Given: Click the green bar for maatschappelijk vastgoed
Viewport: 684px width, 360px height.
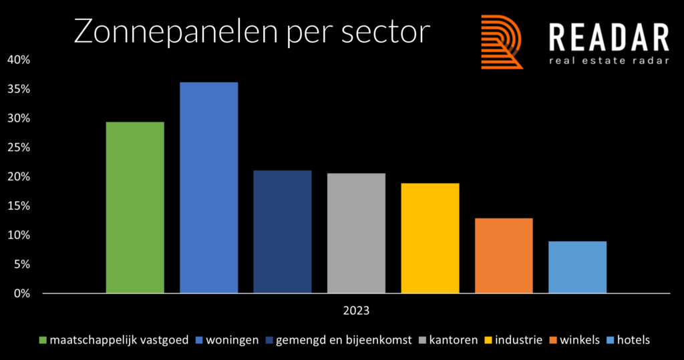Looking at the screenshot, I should coord(135,207).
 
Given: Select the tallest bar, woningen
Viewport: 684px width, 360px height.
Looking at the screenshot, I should coord(208,188).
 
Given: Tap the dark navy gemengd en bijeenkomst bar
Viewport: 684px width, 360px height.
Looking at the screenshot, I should coord(282,232).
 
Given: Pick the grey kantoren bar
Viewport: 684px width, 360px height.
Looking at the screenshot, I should coord(356,233).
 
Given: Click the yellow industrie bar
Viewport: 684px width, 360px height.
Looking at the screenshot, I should coord(430,238).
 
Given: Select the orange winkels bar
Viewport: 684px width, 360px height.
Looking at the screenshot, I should coord(504,256).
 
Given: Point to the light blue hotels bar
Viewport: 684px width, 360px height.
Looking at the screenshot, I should coord(577,267).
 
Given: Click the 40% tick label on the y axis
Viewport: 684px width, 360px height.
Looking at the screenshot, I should coord(19,60).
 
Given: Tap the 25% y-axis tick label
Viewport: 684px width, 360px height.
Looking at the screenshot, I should coord(19,148).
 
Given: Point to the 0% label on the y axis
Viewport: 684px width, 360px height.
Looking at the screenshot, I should coord(21,293).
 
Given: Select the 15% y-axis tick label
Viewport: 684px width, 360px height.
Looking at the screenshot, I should coord(19,206).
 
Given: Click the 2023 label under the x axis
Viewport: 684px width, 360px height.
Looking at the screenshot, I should coord(356,311).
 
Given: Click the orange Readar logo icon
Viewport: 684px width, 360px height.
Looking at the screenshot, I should coord(502,42).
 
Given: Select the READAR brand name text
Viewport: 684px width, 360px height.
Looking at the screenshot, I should coord(608,37).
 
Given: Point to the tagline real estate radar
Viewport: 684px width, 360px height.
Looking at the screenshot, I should coord(608,62).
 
